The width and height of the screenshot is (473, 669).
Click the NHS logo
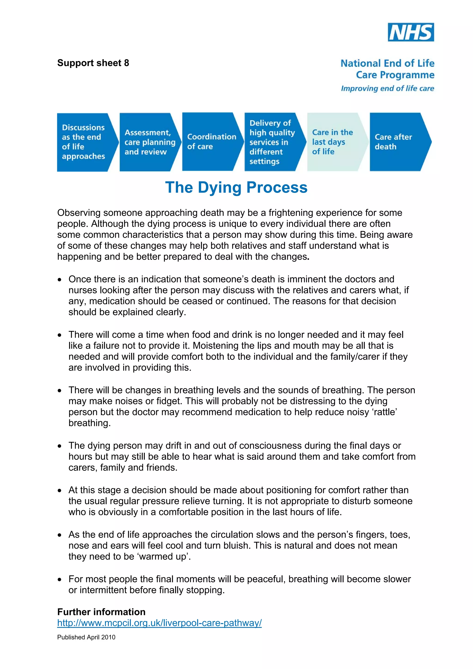(411, 32)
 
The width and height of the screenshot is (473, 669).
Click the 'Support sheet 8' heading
(93, 63)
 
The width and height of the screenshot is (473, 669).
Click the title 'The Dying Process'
(236, 187)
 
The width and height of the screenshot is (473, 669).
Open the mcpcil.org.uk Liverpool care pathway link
(159, 623)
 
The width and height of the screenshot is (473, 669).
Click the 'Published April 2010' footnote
(86, 637)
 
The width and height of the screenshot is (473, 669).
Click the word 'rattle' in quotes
(385, 412)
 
